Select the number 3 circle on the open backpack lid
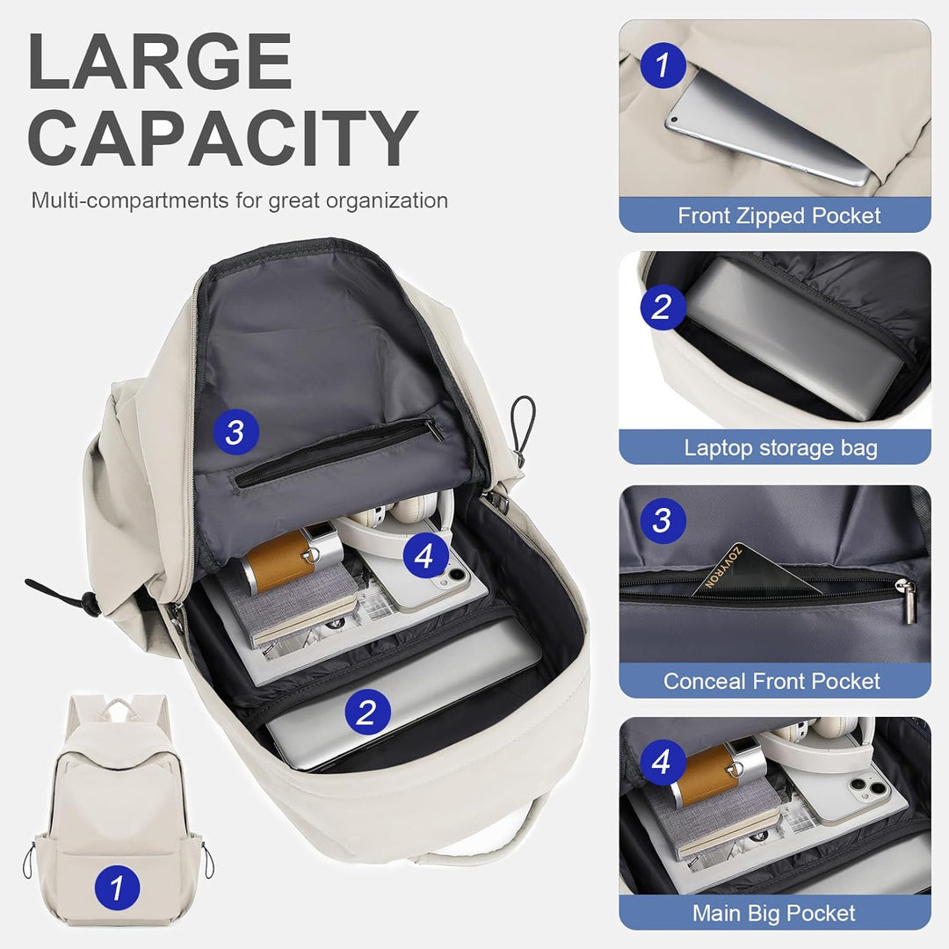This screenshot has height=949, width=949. click(x=234, y=431)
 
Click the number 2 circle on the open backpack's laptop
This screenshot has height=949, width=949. click(x=367, y=710)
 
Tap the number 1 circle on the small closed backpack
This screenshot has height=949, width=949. click(x=117, y=887)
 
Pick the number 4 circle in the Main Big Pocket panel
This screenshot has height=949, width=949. click(x=662, y=762)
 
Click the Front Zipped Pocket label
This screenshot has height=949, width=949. click(x=779, y=216)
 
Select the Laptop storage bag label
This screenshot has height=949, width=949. click(x=780, y=448)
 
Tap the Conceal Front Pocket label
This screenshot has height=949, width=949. click(x=772, y=681)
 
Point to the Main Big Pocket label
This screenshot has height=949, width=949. click(x=773, y=913)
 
